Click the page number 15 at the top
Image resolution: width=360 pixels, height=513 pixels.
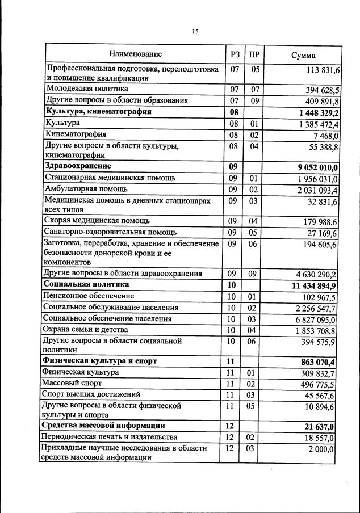pyautogui.click(x=195, y=32)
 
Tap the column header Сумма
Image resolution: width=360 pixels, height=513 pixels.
pyautogui.click(x=303, y=55)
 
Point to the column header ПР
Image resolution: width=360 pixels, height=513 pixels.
pyautogui.click(x=254, y=55)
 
